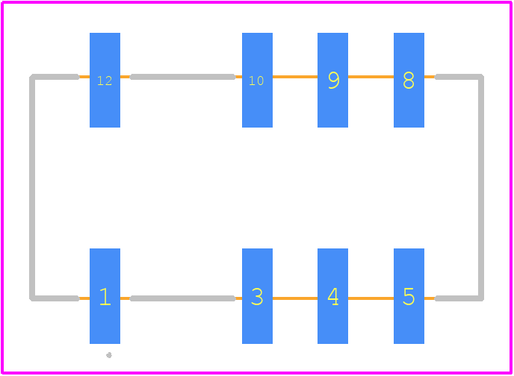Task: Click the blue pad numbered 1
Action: pos(105,296)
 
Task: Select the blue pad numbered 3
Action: pos(257,296)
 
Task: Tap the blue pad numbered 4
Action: pos(332,296)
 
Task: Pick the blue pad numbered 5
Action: pos(409,296)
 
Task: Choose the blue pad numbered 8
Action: pos(409,80)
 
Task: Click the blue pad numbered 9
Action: pos(332,80)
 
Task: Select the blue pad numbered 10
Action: pos(257,80)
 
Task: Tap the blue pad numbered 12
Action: pos(105,80)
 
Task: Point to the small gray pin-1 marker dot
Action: pos(109,355)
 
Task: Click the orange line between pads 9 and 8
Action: pos(371,77)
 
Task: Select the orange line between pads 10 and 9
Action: pos(295,77)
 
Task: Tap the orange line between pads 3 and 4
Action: pos(295,298)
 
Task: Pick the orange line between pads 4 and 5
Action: pos(371,298)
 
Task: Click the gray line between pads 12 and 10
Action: pos(182,77)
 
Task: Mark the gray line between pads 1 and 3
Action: pos(182,298)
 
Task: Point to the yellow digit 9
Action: pos(333,80)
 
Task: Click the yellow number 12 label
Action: pos(105,81)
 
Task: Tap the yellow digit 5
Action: pos(409,296)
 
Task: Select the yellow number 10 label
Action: pos(256,81)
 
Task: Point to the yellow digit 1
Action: pos(105,296)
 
